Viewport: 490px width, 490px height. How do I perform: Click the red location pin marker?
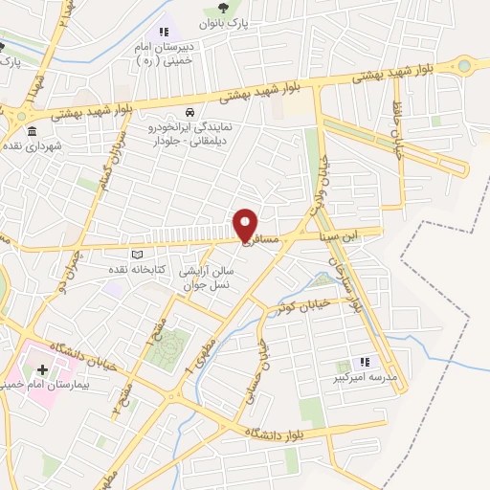[x=246, y=224]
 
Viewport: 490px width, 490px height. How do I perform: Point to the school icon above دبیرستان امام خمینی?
[x=164, y=32]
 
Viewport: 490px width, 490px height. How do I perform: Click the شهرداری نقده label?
[x=30, y=145]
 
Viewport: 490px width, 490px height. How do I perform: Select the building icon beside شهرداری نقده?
[x=33, y=131]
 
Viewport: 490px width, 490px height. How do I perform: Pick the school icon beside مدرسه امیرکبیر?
[x=364, y=362]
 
